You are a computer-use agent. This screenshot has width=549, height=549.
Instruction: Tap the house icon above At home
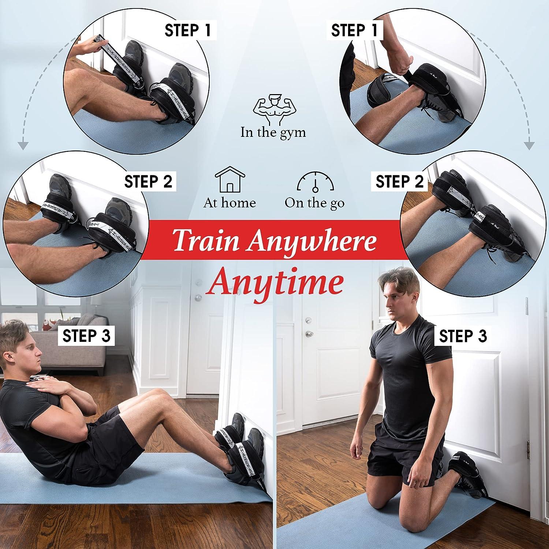pyautogui.click(x=229, y=180)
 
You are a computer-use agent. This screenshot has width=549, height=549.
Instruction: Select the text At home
pyautogui.click(x=229, y=203)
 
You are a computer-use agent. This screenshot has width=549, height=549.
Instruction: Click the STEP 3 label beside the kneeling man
pyautogui.click(x=463, y=336)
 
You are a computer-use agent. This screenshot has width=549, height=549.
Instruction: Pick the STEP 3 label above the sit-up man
pyautogui.click(x=86, y=336)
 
